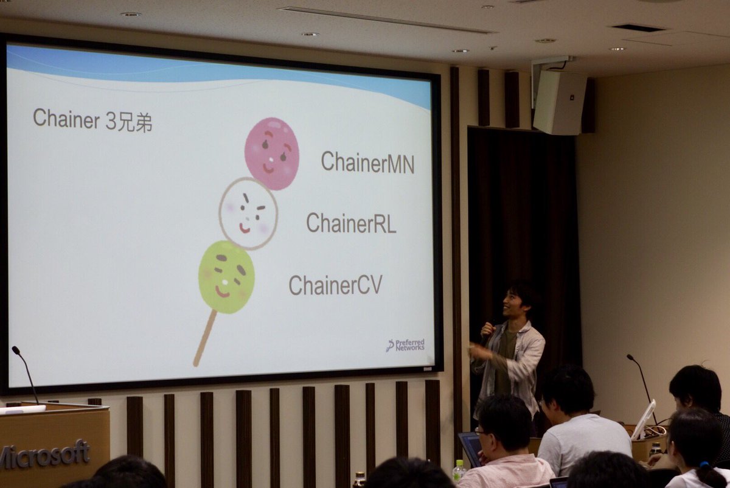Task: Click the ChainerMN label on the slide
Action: tap(367, 162)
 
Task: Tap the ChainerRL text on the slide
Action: tap(351, 223)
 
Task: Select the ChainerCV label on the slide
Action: tap(335, 285)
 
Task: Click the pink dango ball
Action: tap(272, 153)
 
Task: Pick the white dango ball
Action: tap(248, 213)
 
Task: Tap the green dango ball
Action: tap(226, 277)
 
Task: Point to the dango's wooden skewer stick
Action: tap(204, 338)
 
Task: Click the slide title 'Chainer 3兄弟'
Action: tap(92, 119)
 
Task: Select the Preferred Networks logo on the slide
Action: tap(406, 345)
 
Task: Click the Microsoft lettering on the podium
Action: tap(46, 454)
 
